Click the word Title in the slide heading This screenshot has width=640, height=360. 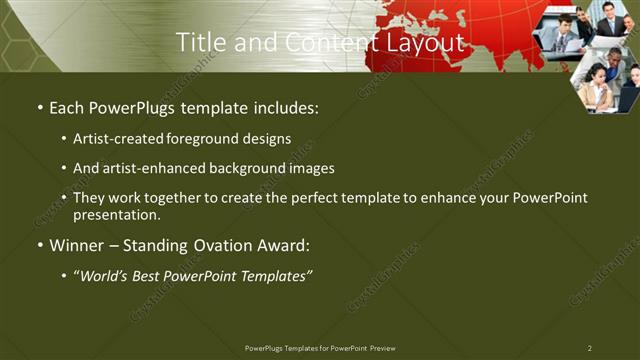point(198,42)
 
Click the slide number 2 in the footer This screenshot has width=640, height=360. point(589,348)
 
